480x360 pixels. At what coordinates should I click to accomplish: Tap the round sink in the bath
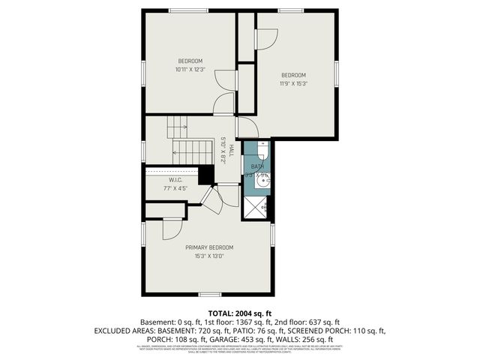click(263, 180)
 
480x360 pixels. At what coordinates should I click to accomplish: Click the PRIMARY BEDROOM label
click(209, 247)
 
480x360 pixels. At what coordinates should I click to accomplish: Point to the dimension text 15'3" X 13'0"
click(209, 256)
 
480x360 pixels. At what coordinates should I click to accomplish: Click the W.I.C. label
click(175, 180)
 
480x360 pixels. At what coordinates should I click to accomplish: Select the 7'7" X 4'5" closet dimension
click(175, 188)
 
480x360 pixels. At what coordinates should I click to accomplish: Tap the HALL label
click(232, 150)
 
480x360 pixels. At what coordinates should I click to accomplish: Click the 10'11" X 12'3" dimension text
click(190, 70)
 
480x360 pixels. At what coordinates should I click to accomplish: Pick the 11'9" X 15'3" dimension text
click(294, 83)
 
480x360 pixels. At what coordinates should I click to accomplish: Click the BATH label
click(257, 166)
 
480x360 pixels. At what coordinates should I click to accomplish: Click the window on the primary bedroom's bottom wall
click(209, 294)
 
